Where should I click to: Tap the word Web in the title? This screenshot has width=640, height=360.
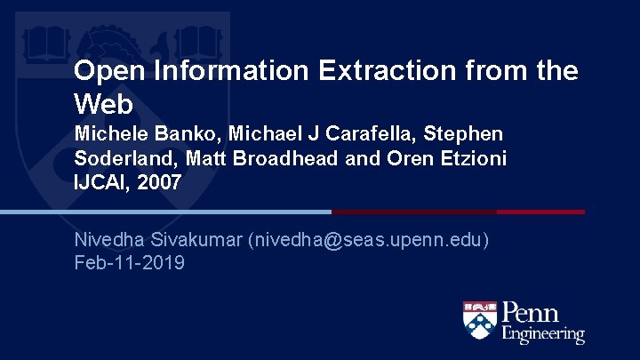(x=103, y=105)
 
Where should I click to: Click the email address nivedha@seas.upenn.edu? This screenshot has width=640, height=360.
(x=368, y=241)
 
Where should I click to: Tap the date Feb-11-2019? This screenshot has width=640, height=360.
(x=130, y=263)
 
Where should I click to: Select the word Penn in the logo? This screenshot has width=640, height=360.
(x=531, y=314)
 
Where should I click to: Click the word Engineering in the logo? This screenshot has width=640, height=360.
(x=543, y=335)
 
